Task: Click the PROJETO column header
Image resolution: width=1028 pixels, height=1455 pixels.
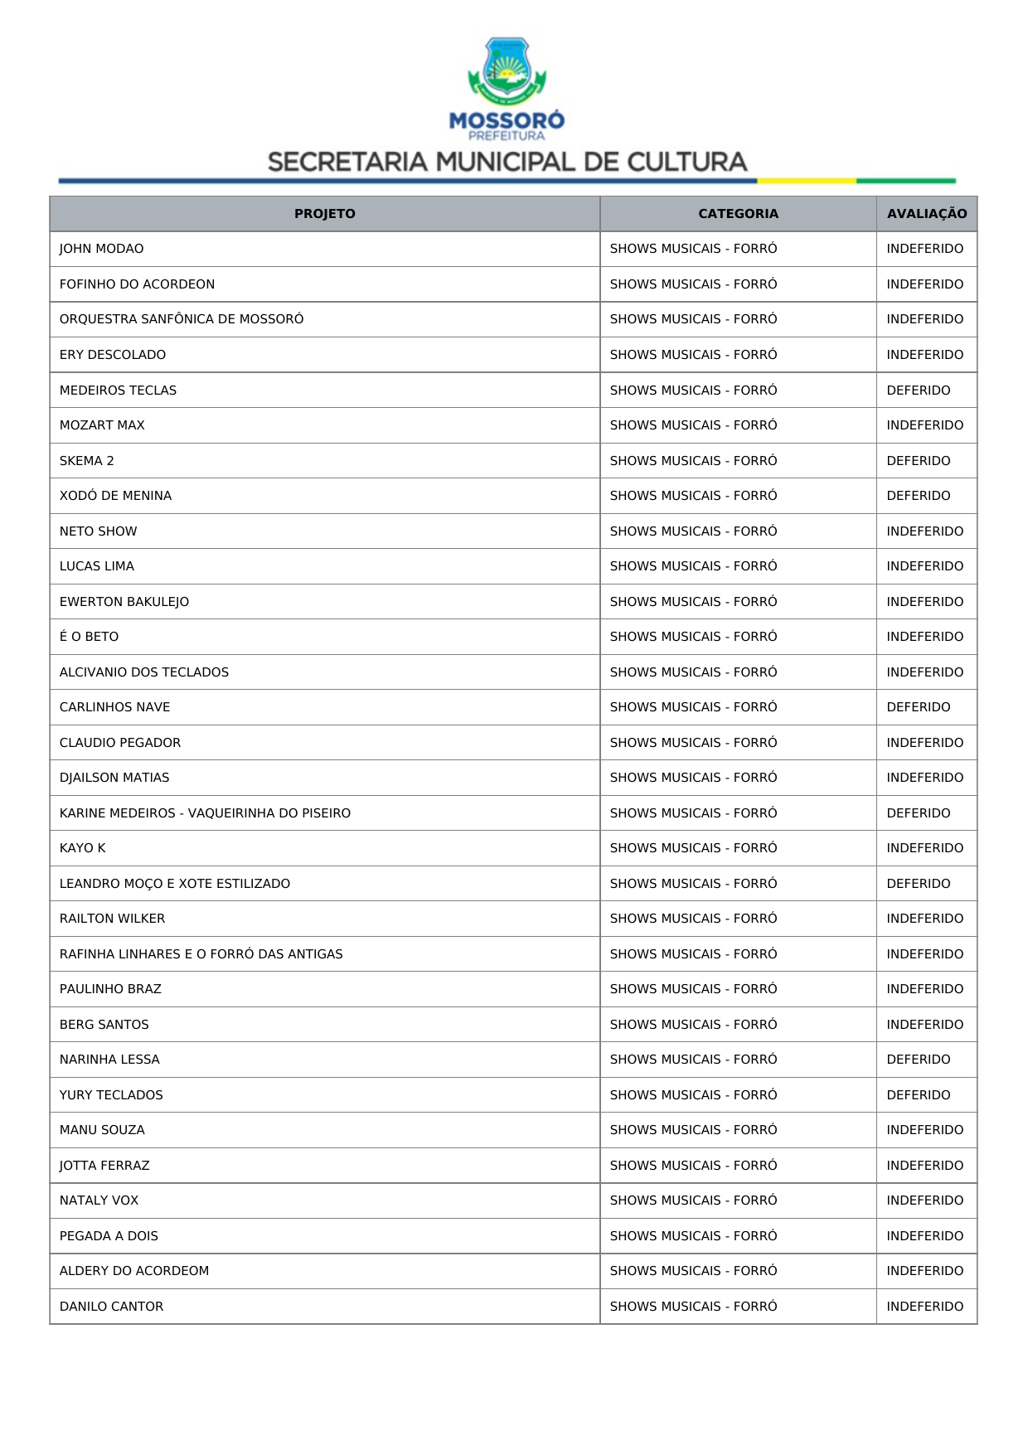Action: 324,214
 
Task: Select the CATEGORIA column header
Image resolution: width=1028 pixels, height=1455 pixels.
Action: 738,214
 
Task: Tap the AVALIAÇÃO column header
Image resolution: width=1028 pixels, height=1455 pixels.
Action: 926,214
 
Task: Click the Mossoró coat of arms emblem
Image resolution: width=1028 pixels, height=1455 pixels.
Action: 507,71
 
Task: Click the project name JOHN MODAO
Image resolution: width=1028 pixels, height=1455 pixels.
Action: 101,249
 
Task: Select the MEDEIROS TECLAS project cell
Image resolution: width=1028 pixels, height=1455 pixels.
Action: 118,390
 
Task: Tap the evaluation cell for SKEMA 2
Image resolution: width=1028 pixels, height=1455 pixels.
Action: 918,461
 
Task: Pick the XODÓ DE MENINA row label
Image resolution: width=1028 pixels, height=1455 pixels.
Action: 115,496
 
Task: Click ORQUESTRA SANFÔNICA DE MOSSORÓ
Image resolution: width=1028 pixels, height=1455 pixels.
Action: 182,319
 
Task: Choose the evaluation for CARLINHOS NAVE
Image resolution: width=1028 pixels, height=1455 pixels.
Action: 918,707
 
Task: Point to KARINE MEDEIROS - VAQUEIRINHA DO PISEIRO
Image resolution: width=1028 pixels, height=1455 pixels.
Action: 205,813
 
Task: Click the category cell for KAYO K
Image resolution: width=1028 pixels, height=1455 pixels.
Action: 693,848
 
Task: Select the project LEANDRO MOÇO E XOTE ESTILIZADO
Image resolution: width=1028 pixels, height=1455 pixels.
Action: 175,884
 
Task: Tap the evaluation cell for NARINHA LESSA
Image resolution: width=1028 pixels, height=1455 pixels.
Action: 918,1060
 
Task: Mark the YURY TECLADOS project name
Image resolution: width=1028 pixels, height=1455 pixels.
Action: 111,1095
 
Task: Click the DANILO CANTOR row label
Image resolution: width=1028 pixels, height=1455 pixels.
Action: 111,1307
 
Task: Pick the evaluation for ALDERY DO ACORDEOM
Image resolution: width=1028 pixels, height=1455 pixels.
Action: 924,1271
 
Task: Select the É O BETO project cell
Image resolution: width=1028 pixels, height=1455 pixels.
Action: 89,637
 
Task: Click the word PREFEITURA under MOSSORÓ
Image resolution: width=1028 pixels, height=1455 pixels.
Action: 507,136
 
